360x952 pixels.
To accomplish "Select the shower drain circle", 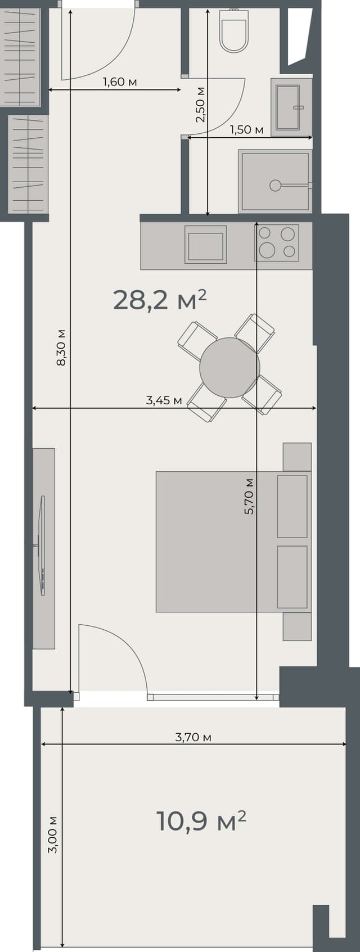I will pyautogui.click(x=275, y=185).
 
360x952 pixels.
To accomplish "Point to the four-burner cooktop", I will pyautogui.click(x=276, y=242).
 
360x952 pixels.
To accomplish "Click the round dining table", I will pyautogui.click(x=229, y=367).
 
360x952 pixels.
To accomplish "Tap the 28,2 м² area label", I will pyautogui.click(x=160, y=300).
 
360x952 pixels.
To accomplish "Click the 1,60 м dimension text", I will pyautogui.click(x=120, y=82).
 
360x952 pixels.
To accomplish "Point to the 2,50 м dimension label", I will pyautogui.click(x=201, y=105).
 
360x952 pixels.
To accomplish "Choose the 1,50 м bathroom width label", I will pyautogui.click(x=246, y=130).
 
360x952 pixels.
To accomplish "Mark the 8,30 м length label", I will pyautogui.click(x=61, y=347).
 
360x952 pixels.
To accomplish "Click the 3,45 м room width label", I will pyautogui.click(x=164, y=400).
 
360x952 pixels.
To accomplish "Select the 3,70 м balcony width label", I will pyautogui.click(x=193, y=737).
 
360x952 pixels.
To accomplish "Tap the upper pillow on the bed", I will pyautogui.click(x=292, y=506).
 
